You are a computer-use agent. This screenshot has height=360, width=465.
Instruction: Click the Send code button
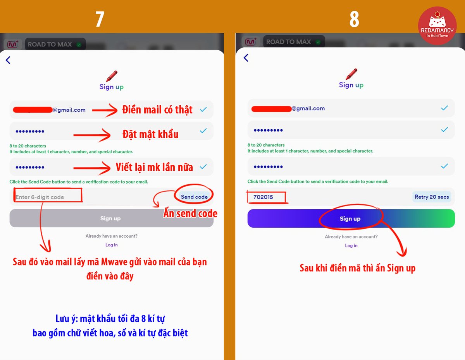[x=194, y=197]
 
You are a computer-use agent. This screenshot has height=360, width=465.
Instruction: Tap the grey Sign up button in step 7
[x=111, y=218]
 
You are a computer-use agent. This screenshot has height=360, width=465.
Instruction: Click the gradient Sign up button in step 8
[x=351, y=219]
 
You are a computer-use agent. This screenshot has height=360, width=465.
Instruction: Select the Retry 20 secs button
[x=432, y=197]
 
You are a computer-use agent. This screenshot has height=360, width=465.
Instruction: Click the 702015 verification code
[x=263, y=197]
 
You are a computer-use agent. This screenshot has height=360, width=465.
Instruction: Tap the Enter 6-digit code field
[x=46, y=197]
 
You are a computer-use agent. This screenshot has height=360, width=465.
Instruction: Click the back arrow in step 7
[x=8, y=60]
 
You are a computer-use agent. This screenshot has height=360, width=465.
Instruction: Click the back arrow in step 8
[x=246, y=58]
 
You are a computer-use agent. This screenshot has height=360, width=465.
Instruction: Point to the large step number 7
[x=100, y=19]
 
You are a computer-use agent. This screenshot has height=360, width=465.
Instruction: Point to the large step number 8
[x=354, y=19]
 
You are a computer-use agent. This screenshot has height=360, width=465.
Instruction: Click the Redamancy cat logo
[x=437, y=26]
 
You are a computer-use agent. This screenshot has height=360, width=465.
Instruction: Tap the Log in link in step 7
[x=112, y=245]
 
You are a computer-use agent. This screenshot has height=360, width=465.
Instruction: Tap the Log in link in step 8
[x=351, y=245]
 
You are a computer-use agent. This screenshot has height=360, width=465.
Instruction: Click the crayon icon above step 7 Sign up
[x=112, y=76]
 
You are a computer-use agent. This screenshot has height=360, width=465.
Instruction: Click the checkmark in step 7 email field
[x=203, y=110]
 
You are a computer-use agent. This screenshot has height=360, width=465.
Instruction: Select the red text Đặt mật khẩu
[x=150, y=134]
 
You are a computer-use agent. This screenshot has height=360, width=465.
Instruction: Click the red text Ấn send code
[x=190, y=213]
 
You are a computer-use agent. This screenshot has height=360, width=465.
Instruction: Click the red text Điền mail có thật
[x=157, y=110]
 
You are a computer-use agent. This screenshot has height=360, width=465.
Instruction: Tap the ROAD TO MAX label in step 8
[x=289, y=42]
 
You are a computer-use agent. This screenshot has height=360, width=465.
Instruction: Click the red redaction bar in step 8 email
[x=271, y=108]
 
